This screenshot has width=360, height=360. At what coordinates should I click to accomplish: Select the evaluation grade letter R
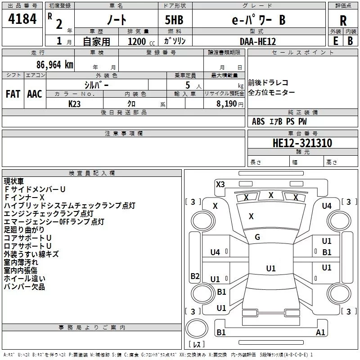pyautogui.click(x=343, y=21)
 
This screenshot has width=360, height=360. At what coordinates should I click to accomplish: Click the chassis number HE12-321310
pyautogui.click(x=302, y=143)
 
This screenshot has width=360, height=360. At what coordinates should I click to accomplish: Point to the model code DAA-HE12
pyautogui.click(x=258, y=41)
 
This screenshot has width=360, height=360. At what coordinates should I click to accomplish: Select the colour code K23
pyautogui.click(x=75, y=103)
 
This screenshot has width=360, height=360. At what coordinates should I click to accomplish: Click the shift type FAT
pyautogui.click(x=13, y=94)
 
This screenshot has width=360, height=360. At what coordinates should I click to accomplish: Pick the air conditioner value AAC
pyautogui.click(x=35, y=94)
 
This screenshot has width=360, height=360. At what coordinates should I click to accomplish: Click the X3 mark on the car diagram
pyautogui.click(x=220, y=184)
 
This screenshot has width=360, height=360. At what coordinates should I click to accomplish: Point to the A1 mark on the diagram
pyautogui.click(x=320, y=333)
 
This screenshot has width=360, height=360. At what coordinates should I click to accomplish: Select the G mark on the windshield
pyautogui.click(x=257, y=237)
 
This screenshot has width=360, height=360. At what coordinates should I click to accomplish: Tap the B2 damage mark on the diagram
pyautogui.click(x=195, y=276)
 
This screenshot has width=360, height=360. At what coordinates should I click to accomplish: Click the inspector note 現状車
pyautogui.click(x=14, y=181)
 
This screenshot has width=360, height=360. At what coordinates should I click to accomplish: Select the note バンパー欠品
pyautogui.click(x=24, y=287)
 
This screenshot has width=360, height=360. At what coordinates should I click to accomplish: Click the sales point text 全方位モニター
pyautogui.click(x=272, y=92)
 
